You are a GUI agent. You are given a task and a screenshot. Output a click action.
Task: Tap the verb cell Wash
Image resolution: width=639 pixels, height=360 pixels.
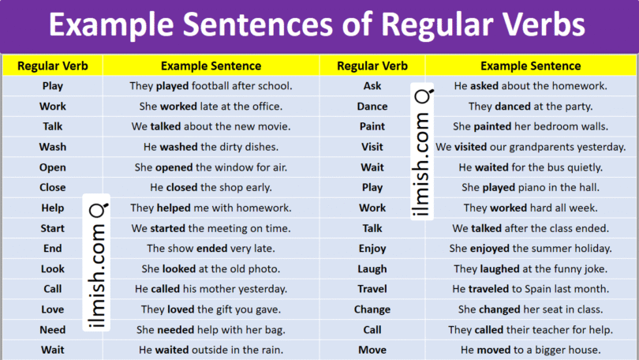(x=53, y=147)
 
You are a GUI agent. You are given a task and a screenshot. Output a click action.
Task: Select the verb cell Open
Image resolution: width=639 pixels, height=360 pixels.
(x=53, y=167)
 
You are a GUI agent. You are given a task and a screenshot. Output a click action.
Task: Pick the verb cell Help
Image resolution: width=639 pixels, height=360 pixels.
(x=53, y=208)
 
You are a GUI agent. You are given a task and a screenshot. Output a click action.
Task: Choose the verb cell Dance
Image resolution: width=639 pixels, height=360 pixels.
(x=372, y=106)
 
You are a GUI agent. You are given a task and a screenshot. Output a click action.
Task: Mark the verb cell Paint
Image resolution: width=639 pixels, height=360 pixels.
(x=372, y=126)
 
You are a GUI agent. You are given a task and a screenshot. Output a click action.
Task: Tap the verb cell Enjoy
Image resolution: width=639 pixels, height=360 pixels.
(x=372, y=248)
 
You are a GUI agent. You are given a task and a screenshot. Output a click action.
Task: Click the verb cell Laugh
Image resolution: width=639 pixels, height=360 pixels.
(x=372, y=268)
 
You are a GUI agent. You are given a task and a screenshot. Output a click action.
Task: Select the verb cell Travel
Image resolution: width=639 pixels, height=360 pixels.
(x=372, y=289)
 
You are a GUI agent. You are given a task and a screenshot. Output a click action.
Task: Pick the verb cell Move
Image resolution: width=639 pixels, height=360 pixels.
(x=372, y=350)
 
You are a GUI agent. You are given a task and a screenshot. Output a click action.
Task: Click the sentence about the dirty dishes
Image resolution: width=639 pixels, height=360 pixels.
(x=211, y=147)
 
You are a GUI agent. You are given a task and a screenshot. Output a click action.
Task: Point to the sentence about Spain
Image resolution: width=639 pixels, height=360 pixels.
(x=530, y=289)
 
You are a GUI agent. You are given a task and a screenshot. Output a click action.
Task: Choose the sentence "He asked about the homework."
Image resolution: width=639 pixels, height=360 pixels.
(x=530, y=86)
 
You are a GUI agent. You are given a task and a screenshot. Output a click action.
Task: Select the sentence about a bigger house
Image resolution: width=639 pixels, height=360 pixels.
(x=530, y=350)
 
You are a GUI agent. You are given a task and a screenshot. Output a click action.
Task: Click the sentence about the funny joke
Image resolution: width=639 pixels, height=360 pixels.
(x=530, y=268)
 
